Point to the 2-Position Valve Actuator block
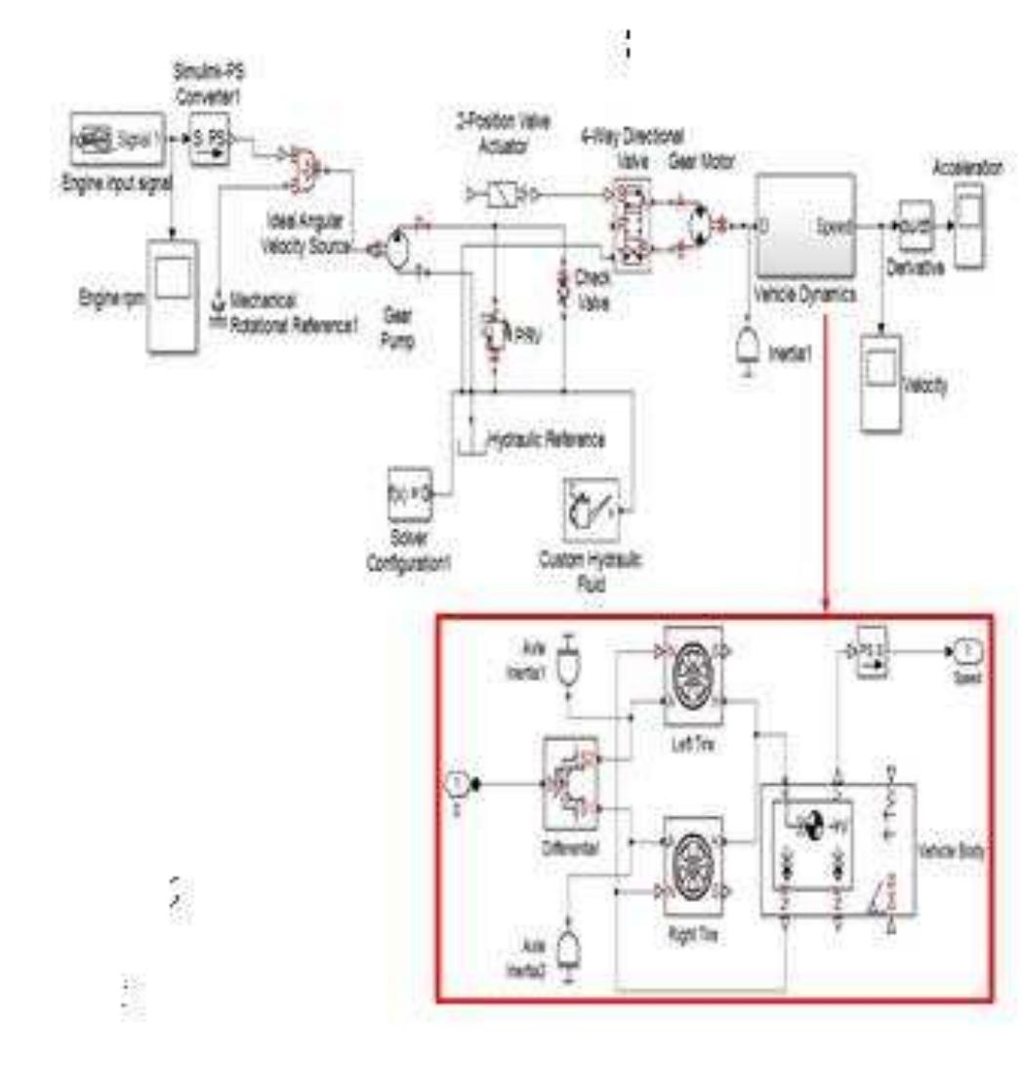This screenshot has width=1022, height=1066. [x=502, y=196]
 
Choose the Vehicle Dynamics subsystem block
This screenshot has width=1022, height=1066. [x=805, y=226]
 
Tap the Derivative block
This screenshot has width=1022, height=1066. [x=917, y=225]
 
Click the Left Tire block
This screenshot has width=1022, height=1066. [x=691, y=676]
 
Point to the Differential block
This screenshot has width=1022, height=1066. [x=568, y=782]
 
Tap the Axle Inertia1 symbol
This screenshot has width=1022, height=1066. [x=566, y=665]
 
